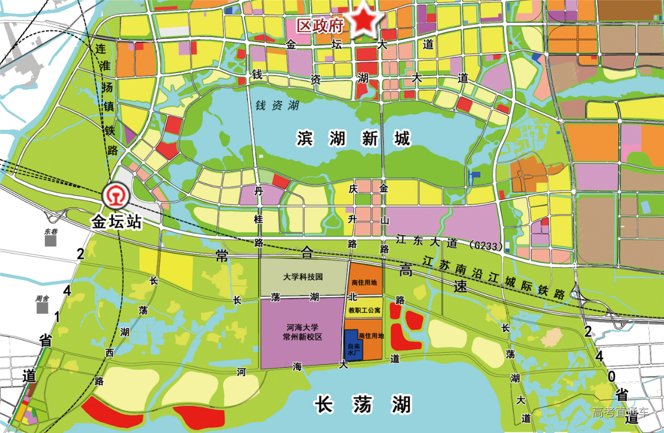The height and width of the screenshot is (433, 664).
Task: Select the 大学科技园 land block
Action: point(303,277)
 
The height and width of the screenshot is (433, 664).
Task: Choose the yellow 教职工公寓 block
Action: point(364,310)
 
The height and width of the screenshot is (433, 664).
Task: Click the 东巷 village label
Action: point(50,232)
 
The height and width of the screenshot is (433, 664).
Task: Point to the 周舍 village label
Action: point(42,299)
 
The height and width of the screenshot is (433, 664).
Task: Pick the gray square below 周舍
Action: point(42,308)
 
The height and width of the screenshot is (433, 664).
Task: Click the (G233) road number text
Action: point(485,245)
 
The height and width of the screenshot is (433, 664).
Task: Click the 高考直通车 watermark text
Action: point(620,413)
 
